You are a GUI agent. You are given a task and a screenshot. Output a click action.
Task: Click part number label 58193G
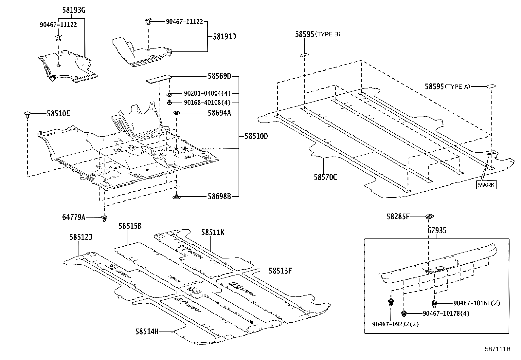point(74,10)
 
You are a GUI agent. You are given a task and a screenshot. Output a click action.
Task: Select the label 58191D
point(224,37)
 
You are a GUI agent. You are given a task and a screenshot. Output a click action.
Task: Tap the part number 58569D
point(219,76)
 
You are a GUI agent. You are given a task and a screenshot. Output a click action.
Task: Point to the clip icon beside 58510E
point(28,114)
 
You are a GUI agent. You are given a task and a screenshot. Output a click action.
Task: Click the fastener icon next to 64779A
point(104,218)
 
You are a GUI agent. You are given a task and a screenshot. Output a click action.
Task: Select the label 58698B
point(219,197)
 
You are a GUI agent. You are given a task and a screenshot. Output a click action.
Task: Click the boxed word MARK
point(486,185)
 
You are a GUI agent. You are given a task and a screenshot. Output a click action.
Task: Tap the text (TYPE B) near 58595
point(328,34)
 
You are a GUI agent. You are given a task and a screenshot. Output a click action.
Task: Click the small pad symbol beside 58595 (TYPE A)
point(491,86)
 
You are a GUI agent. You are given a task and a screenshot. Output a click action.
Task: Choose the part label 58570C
point(325,177)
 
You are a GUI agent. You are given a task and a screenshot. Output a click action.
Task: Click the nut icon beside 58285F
point(429,216)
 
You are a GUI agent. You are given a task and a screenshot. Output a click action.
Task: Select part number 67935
point(437,231)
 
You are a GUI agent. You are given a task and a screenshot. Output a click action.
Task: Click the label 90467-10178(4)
point(446,313)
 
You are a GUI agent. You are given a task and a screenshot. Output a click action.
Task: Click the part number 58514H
point(147,332)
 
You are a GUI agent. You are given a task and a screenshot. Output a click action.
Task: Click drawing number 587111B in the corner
point(497,349)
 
